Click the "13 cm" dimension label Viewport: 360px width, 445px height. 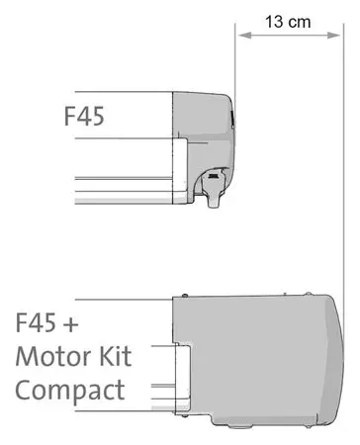coord(288,22)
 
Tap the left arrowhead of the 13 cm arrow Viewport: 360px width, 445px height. coord(244,35)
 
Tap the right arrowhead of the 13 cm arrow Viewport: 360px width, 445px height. coord(333,35)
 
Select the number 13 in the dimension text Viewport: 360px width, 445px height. coord(274,22)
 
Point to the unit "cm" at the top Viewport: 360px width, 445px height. coord(300,23)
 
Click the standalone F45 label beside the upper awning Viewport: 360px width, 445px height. coord(84,116)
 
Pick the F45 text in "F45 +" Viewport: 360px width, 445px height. coord(36,322)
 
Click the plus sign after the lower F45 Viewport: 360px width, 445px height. coord(70,324)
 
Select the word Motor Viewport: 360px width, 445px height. coord(53,356)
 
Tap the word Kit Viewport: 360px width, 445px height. coord(116,356)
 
